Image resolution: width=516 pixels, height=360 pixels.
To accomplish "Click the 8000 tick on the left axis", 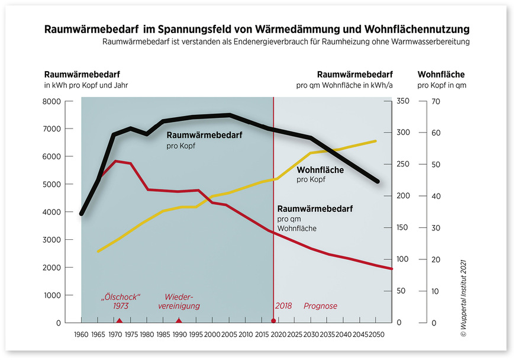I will coord(54,101).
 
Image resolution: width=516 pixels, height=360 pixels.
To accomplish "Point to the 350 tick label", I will coord(403,101).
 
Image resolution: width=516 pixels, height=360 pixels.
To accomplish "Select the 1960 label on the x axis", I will coord(82,335).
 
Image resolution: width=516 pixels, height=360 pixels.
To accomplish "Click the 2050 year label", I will coord(376,335).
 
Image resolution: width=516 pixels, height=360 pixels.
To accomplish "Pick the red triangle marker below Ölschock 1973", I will coord(119,320).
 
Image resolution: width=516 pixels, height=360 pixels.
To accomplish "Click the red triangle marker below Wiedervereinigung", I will coord(179,320).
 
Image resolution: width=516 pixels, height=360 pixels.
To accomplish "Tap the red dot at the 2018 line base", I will coord(273,321).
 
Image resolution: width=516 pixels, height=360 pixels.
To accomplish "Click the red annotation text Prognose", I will coord(320,306).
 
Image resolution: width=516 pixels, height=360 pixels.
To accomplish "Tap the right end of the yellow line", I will coord(376,141).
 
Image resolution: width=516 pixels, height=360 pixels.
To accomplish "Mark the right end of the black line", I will coord(378,181).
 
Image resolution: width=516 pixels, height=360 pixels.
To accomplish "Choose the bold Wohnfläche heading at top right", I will coord(441,75).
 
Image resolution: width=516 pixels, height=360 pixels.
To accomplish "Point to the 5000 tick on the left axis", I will coord(54,184).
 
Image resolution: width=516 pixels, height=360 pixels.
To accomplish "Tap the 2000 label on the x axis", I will coord(212,335).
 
